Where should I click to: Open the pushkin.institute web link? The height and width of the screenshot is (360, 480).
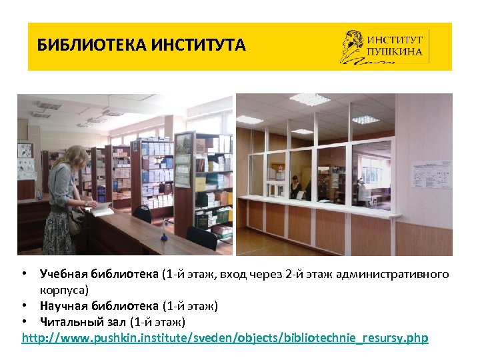click(225, 338)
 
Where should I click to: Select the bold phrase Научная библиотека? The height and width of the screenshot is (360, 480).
click(99, 307)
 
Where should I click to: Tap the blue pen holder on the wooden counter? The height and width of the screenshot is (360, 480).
click(165, 236)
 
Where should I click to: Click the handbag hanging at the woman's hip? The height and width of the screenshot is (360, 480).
click(76, 220)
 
